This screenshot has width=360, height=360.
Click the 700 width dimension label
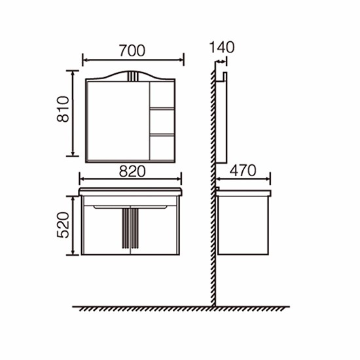132,50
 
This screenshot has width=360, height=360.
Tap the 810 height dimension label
63,109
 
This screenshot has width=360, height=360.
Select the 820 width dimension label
132,171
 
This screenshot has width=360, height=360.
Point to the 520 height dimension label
63,225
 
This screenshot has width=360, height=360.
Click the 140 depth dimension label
222,47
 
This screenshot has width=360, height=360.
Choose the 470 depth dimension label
243,171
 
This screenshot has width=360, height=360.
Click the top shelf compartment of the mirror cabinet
162,94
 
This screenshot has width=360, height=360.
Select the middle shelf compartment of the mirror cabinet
162,122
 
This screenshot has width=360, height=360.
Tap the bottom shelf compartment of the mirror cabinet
162,148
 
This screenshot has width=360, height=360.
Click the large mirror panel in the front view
118,120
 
